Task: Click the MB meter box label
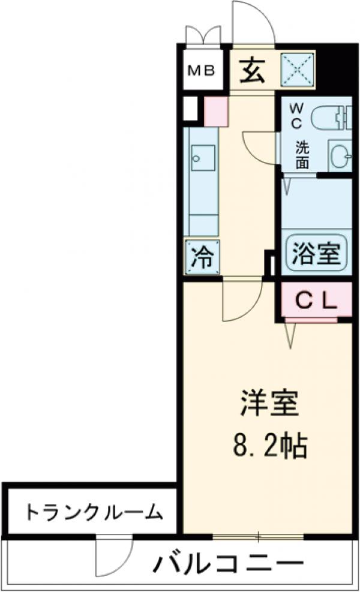(203, 71)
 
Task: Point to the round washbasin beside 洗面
(341, 155)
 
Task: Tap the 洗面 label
(302, 154)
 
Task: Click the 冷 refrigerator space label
(201, 257)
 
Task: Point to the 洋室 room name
(269, 405)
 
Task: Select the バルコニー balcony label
(228, 564)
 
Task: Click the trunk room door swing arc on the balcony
(114, 555)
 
